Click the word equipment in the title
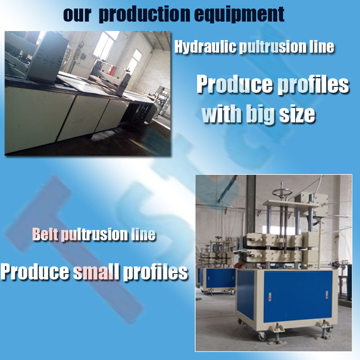coord(239,14)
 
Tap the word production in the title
coord(144,14)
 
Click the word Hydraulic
coord(205,47)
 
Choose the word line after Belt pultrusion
coord(144,234)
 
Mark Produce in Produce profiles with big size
coord(235,84)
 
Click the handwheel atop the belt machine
coord(282,191)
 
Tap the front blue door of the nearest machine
coord(298,297)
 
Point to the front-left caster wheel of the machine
coord(262,336)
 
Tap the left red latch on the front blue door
coord(270,297)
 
